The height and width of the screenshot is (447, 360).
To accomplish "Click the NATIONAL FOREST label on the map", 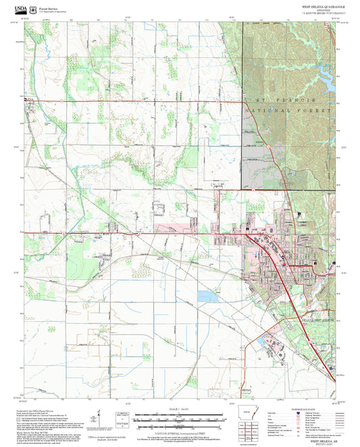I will tap(288, 109).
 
